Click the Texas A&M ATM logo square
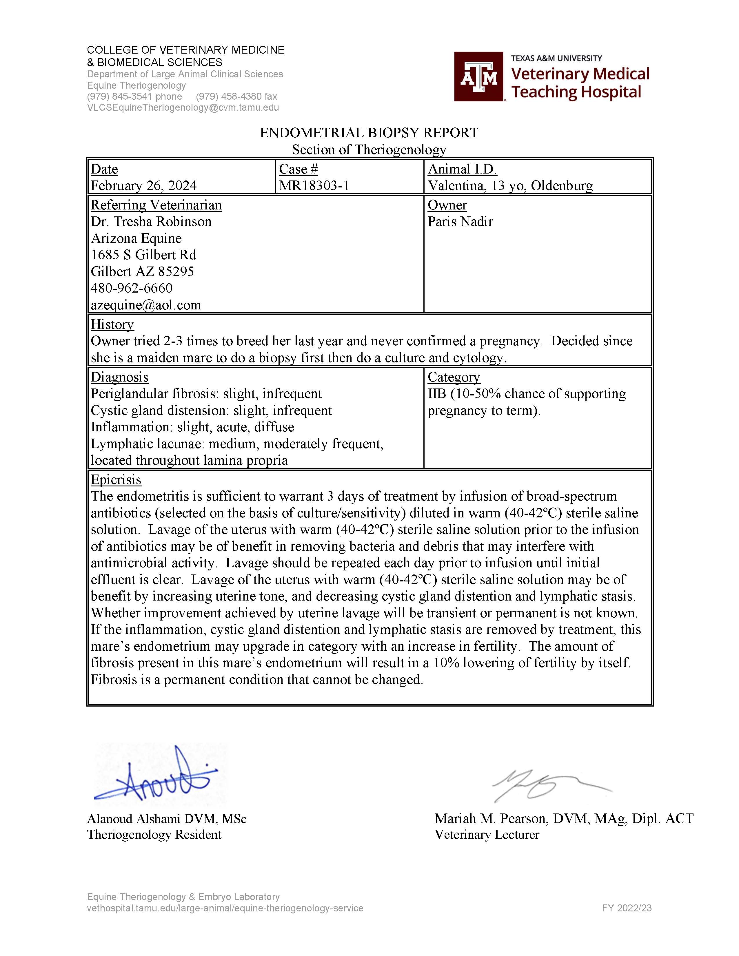[x=478, y=76]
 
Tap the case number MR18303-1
[x=314, y=186]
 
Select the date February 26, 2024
[x=143, y=186]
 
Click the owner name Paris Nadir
[x=460, y=222]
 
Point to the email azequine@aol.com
[x=146, y=305]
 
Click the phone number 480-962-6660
[x=132, y=288]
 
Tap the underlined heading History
[x=112, y=324]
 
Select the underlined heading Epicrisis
[x=116, y=480]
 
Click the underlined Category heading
[x=454, y=377]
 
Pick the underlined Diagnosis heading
[x=119, y=377]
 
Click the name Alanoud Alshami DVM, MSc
[x=167, y=819]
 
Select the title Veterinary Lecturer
[x=487, y=835]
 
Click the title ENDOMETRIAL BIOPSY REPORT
[x=369, y=133]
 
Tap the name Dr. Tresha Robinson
[x=151, y=222]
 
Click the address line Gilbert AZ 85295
[x=142, y=271]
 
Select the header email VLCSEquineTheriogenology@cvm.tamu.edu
[x=183, y=108]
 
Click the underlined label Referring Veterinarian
[x=156, y=205]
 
